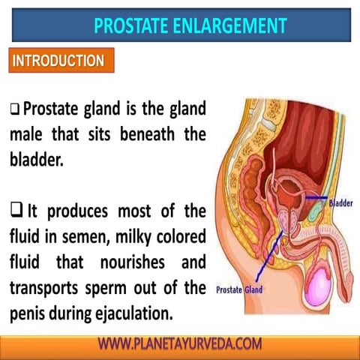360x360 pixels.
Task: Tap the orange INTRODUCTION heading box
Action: coord(58,61)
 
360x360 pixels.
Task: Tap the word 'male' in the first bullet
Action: coord(28,136)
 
